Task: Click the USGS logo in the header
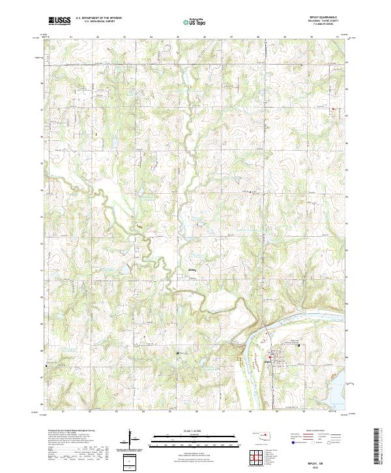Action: [x=59, y=21]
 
